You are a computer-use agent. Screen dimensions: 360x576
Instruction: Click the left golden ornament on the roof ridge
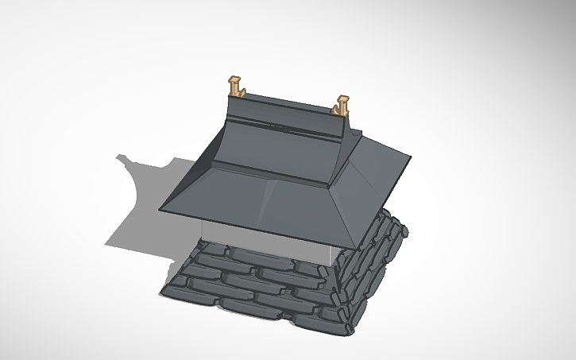[236, 87]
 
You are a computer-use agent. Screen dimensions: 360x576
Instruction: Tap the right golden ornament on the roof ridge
[342, 105]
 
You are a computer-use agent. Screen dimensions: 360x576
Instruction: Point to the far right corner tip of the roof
[412, 161]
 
